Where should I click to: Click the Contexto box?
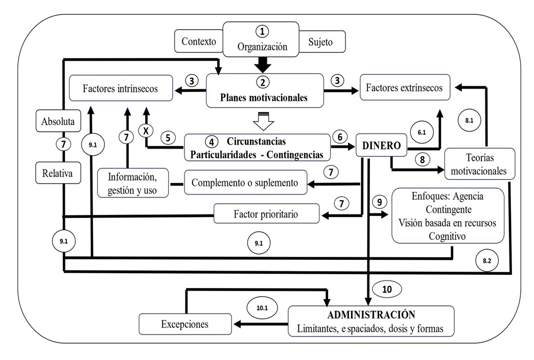click(x=199, y=41)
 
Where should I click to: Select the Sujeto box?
click(x=320, y=42)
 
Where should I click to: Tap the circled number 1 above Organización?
click(x=262, y=32)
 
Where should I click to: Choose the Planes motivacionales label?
click(x=264, y=99)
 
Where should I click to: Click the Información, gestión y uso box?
click(x=133, y=183)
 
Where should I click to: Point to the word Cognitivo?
click(x=448, y=236)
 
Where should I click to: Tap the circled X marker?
click(x=146, y=131)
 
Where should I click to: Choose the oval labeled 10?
click(x=387, y=289)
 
